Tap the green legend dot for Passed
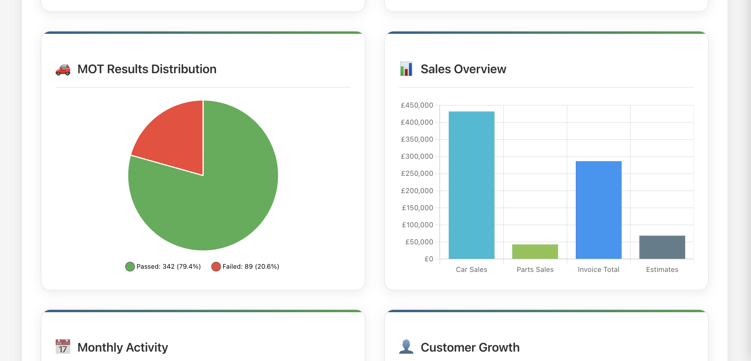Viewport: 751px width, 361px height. tap(130, 267)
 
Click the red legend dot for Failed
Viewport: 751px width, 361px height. tap(216, 267)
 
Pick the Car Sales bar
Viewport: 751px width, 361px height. tap(471, 185)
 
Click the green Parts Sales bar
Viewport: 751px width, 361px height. tap(535, 252)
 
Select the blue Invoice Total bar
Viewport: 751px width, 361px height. tap(598, 210)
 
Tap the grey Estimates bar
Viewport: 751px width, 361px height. tap(662, 247)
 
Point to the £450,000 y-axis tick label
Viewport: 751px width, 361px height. tap(417, 105)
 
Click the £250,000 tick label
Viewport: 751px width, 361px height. tap(417, 173)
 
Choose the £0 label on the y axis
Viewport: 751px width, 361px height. tap(429, 259)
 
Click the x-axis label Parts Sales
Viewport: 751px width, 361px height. tap(535, 270)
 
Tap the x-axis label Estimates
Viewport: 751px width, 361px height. tap(662, 270)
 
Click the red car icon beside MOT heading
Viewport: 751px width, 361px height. tap(63, 69)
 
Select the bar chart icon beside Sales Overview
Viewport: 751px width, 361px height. tap(406, 69)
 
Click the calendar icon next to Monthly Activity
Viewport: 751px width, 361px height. tap(63, 347)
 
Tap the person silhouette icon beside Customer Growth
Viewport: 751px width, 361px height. tap(406, 347)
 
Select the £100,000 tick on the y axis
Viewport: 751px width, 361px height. tap(417, 225)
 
